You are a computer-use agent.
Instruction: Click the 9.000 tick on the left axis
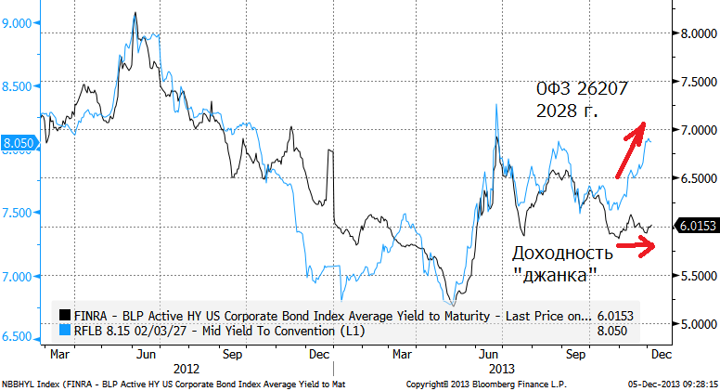[x=20, y=22]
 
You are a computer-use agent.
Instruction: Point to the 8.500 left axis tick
[x=20, y=85]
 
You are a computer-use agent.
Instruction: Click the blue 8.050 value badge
[x=20, y=143]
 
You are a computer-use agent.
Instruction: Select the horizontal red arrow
[x=641, y=245]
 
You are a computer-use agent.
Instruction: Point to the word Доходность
[x=562, y=254]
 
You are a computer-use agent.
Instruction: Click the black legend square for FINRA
[x=64, y=313]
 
